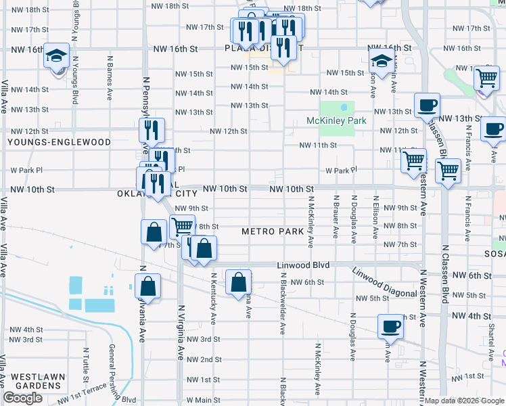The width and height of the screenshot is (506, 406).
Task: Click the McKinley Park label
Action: pos(336,121)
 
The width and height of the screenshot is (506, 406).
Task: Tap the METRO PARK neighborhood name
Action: pos(273,232)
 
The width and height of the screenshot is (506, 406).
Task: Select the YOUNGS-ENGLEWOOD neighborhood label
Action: pos(59,143)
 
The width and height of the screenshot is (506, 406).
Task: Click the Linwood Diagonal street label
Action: pos(384,282)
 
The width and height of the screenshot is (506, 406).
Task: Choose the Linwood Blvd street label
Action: pos(303,265)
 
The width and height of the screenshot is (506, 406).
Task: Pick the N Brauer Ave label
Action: pos(336,217)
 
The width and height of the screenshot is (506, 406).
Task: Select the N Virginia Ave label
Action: pos(181,331)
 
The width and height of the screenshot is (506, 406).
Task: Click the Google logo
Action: pos(22,398)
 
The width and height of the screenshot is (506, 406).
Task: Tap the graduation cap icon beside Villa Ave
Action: pos(57,55)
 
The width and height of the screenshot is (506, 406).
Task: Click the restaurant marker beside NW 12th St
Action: pos(152,130)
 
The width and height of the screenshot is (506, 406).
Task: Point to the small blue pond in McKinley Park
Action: pos(345,107)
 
